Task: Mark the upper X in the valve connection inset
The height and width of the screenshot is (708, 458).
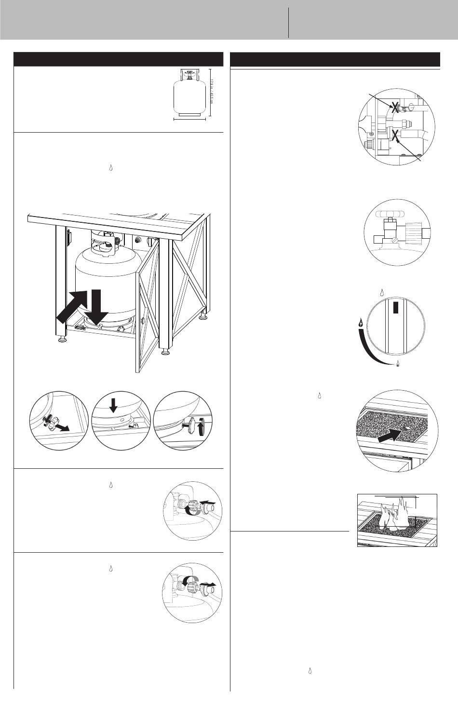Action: [x=394, y=109]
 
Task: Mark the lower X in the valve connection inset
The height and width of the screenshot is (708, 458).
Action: [x=396, y=136]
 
